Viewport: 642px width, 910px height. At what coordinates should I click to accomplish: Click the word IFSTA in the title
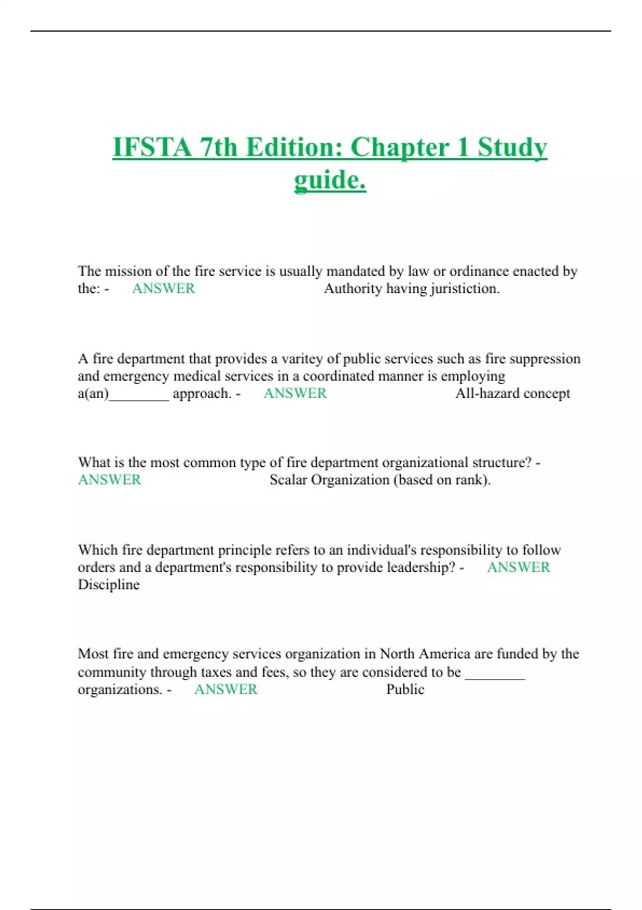[x=152, y=147]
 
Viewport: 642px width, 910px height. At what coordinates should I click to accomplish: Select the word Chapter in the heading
[x=400, y=147]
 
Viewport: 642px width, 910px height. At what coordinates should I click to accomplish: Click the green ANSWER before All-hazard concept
[x=295, y=393]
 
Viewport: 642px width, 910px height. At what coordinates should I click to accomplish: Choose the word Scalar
[x=288, y=480]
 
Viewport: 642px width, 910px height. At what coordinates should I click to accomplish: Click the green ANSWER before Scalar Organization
[x=110, y=480]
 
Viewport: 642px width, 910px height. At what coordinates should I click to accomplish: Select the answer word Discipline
[x=109, y=585]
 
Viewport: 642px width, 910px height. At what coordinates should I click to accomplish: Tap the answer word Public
[x=405, y=689]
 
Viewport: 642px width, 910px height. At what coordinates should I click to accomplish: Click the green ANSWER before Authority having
[x=163, y=289]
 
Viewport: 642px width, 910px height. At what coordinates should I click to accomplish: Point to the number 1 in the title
[x=463, y=147]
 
